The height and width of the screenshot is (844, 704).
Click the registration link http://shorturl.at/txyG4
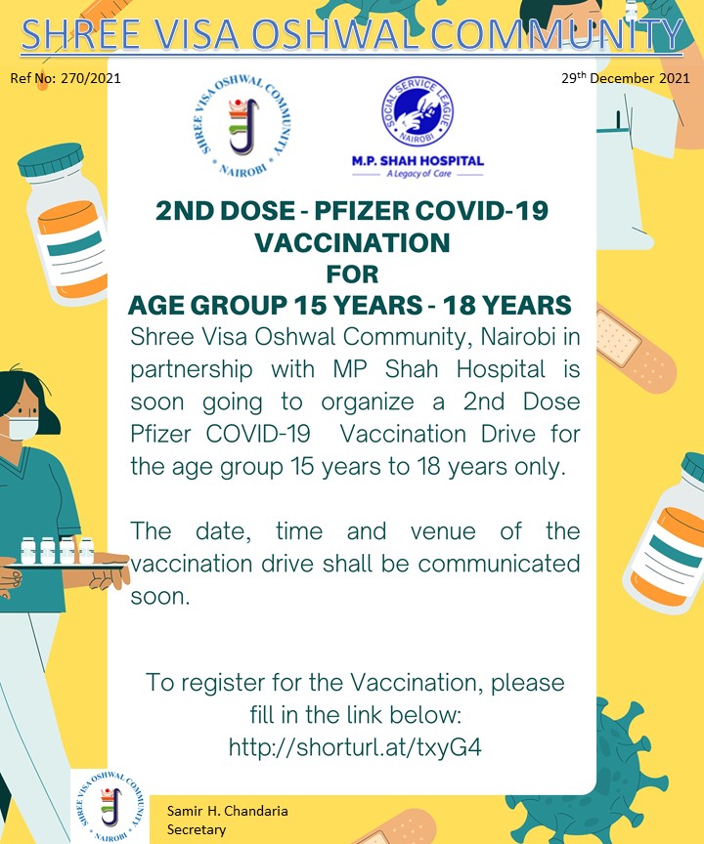354,747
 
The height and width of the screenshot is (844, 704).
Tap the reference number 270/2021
91,78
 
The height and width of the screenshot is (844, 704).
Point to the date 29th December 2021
626,78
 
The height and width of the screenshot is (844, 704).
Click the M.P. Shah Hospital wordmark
418,161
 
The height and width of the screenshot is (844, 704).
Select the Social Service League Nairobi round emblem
418,111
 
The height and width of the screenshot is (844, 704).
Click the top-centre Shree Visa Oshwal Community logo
242,125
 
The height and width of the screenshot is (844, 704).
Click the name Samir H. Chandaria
227,811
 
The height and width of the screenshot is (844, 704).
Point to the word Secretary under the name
197,829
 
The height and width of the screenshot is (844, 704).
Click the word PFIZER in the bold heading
361,210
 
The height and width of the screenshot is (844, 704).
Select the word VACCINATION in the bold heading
352,242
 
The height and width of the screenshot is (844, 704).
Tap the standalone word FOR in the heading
352,274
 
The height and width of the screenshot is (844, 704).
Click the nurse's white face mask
22,428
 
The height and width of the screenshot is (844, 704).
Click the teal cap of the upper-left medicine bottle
51,160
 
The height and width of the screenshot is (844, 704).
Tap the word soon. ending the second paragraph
160,597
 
